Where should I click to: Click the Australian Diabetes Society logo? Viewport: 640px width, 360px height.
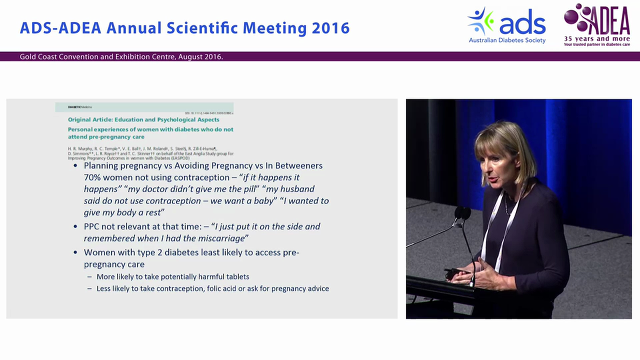click(x=506, y=25)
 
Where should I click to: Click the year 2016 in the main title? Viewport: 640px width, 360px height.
click(x=330, y=28)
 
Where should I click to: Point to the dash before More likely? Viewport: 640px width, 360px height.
click(x=89, y=276)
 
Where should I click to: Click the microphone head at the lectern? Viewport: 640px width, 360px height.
click(x=462, y=213)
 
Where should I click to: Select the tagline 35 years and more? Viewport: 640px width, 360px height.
click(x=597, y=38)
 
